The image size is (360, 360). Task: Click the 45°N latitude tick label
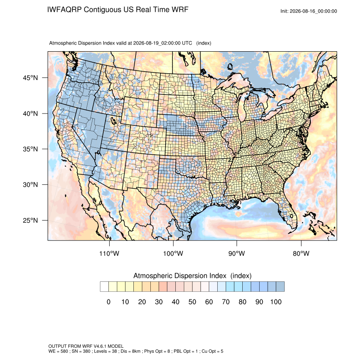point(30,78)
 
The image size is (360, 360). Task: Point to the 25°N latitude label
point(30,220)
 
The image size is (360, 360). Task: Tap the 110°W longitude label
point(109,253)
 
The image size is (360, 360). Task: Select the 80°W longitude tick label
point(301,253)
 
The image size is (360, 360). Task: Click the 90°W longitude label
point(236,253)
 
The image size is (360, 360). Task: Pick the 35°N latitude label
point(30,149)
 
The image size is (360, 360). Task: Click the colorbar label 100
point(276,302)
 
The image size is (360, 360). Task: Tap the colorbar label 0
point(108,302)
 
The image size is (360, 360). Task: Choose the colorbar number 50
point(192,302)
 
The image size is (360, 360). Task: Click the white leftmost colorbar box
point(105,287)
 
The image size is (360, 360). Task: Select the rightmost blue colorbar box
point(280,287)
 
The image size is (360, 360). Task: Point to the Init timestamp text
point(309,11)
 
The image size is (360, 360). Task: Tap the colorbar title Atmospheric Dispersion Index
point(180,276)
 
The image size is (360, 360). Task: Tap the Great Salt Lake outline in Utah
point(114,121)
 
